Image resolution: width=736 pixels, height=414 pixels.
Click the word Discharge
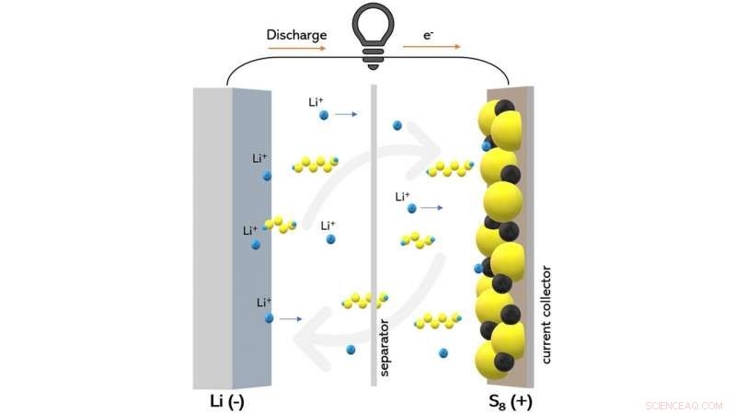(x=296, y=35)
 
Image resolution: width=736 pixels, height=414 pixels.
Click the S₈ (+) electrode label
(x=511, y=402)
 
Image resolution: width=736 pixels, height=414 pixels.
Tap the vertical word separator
(x=385, y=350)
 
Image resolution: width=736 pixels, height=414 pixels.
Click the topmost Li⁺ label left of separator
(x=316, y=102)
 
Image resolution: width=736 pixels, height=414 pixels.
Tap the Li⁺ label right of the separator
(x=402, y=196)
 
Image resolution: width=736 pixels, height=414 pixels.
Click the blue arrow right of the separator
(x=432, y=209)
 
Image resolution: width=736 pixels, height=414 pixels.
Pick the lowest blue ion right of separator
(x=443, y=353)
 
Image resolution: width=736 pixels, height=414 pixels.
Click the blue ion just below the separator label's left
(x=351, y=350)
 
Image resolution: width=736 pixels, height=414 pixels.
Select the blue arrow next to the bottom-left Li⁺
(x=291, y=319)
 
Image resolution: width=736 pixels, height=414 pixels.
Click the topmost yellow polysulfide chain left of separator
(x=315, y=165)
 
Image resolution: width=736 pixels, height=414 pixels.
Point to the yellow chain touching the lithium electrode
(x=281, y=224)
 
